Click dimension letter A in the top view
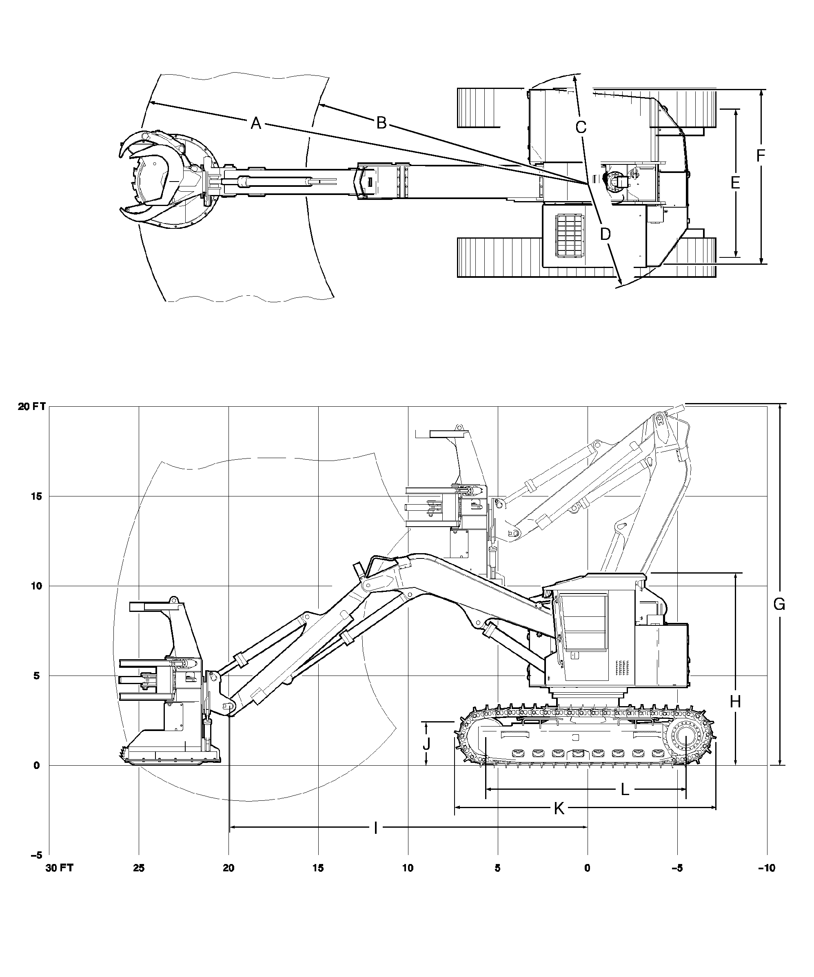255,123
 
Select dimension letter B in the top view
381,123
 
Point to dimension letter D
605,234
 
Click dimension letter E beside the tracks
735,183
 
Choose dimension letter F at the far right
761,156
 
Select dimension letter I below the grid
376,827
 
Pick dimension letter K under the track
559,809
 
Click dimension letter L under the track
625,789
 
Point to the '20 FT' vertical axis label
32,407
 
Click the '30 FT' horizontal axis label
60,868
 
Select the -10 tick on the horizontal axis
766,868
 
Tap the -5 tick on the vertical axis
36,855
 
